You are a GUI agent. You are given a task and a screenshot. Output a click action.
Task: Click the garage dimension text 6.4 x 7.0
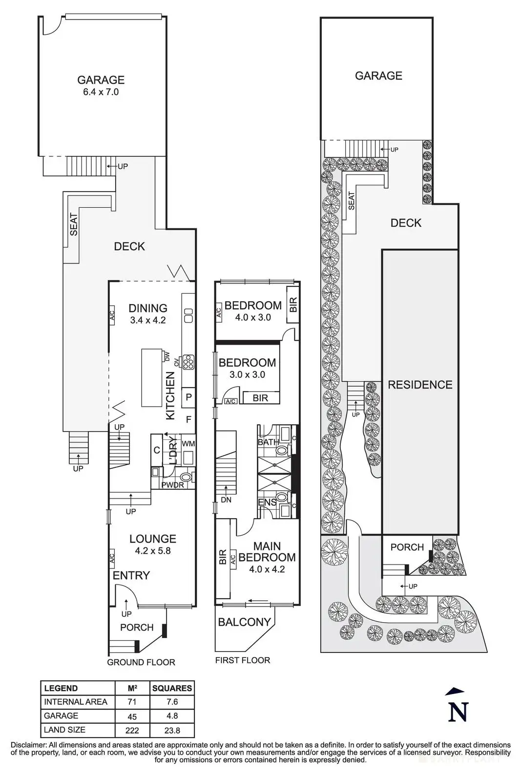point(101,92)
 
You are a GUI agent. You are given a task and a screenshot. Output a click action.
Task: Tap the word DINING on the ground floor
point(148,308)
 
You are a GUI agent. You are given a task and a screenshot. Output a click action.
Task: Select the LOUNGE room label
point(153,539)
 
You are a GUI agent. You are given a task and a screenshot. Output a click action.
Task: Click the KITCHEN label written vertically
point(170,395)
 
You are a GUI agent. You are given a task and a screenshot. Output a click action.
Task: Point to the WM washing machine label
point(188,444)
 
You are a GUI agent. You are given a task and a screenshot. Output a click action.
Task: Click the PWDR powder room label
point(173,485)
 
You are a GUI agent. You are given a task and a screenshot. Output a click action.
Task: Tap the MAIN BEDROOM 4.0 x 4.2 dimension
point(267,569)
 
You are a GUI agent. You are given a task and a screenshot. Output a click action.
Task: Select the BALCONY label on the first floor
point(245,622)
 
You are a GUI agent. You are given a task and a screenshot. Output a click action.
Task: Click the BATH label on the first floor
point(268,442)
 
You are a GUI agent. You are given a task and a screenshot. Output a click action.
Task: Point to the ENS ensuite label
point(267,502)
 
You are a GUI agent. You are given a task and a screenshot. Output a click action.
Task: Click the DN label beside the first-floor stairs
point(226,500)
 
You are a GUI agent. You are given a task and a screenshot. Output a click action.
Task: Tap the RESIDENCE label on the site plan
point(420,385)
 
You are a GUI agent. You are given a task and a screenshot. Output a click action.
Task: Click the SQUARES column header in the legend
point(172,689)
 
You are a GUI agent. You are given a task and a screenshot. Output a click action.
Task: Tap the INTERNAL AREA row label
point(76,702)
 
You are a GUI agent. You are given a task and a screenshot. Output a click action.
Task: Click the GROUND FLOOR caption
point(141,662)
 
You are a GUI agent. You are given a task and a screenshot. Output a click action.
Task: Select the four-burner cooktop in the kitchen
point(188,362)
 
